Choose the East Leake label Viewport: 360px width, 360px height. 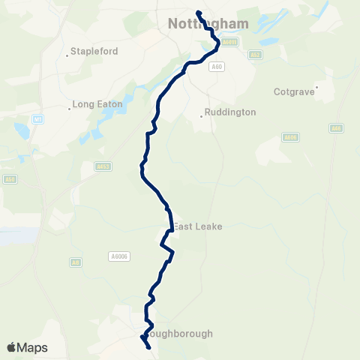point(198,226)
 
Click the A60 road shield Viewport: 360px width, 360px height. point(217,67)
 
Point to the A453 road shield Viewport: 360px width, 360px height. point(103,166)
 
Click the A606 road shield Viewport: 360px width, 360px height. point(291,137)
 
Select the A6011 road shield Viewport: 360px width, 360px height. point(230,43)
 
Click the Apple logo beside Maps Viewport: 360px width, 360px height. point(11,347)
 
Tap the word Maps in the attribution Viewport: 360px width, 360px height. point(33,347)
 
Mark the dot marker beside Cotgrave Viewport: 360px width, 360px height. point(318,86)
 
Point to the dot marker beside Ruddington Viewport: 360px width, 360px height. point(202,115)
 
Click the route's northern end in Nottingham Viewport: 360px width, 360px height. point(198,13)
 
